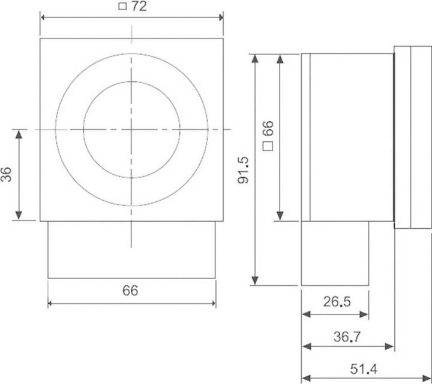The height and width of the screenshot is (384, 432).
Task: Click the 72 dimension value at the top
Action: [139, 8]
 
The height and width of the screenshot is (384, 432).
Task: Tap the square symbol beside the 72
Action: [122, 8]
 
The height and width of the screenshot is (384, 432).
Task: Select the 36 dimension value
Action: [7, 174]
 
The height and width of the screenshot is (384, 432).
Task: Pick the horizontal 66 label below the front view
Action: [130, 291]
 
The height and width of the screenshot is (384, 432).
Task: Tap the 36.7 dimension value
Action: [347, 337]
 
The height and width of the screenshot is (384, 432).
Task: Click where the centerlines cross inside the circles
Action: [131, 129]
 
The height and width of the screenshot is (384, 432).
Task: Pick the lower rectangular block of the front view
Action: [131, 249]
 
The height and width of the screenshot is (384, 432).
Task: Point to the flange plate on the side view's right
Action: [412, 137]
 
